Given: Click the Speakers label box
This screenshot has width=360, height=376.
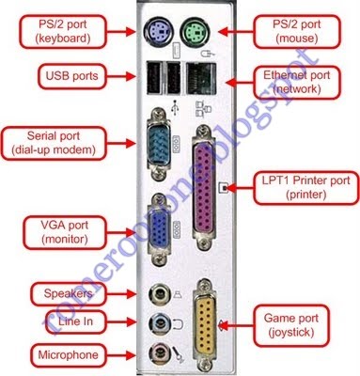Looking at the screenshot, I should point(64,293).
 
